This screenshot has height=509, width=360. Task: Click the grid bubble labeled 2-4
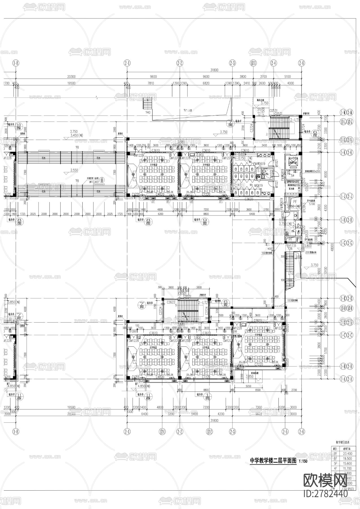tap(273, 63)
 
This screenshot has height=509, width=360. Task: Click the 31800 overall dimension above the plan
tap(214, 70)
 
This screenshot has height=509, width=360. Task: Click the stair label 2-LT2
tap(203, 302)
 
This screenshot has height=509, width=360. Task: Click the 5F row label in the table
tap(335, 463)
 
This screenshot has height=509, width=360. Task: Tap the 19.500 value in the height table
tap(347, 458)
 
